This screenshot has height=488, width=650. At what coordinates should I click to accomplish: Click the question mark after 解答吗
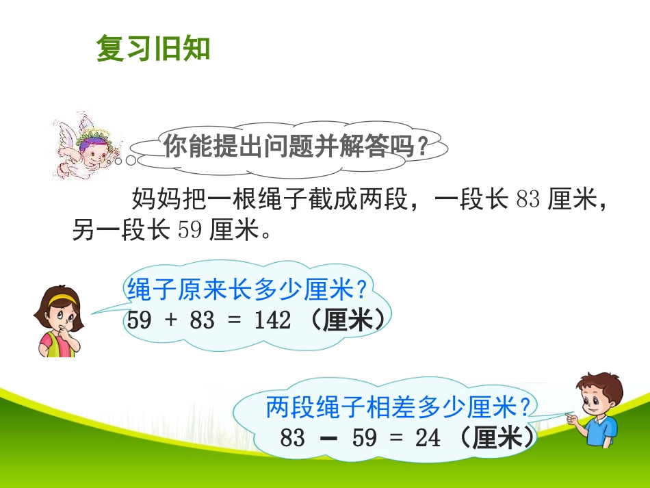pyautogui.click(x=424, y=146)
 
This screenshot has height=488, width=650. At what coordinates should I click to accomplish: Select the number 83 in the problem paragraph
pyautogui.click(x=529, y=200)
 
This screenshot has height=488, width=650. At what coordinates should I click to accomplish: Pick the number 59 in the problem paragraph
pyautogui.click(x=190, y=231)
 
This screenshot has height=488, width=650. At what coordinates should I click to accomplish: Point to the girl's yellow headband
pyautogui.click(x=62, y=298)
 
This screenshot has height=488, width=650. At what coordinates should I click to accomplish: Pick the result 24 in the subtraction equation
pyautogui.click(x=428, y=438)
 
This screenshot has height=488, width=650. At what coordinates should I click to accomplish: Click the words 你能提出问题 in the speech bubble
pyautogui.click(x=226, y=146)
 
